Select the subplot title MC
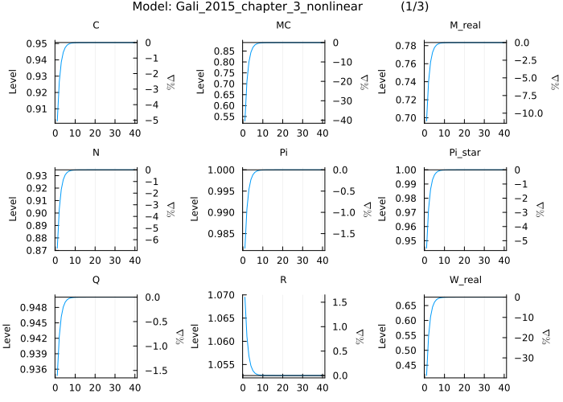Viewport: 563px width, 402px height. [283, 26]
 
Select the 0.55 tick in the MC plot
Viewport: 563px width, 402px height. [226, 117]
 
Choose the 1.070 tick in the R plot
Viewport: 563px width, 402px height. [220, 296]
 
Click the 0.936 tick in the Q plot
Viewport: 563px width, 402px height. [35, 370]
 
